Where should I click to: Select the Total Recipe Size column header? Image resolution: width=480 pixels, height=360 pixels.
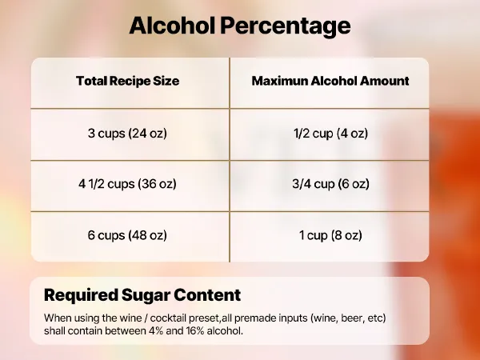127,81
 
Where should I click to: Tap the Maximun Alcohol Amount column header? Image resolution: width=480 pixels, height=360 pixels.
330,81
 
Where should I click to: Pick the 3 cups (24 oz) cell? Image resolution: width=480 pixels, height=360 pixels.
127,133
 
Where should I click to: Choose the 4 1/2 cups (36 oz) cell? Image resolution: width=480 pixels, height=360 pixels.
127,183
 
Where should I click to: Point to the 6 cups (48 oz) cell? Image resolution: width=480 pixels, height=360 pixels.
127,235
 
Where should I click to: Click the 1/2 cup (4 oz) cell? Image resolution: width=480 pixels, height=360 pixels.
330,133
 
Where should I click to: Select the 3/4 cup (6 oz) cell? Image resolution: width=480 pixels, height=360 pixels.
330,183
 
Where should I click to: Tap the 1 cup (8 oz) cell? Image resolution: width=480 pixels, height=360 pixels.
330,235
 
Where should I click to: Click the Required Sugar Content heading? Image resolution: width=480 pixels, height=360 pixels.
142,294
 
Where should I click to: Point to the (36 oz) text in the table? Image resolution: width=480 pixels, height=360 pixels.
154,183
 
